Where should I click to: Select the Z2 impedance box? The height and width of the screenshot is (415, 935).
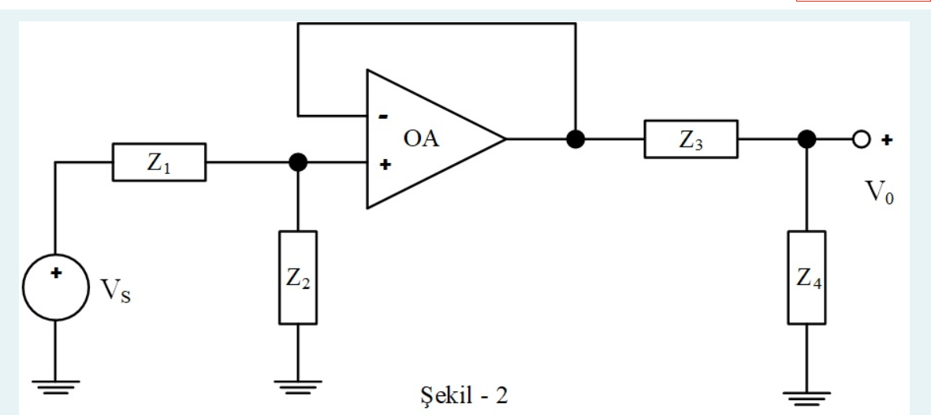click(x=299, y=277)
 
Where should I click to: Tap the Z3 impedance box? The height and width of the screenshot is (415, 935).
click(x=691, y=139)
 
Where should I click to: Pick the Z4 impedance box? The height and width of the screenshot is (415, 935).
click(x=806, y=277)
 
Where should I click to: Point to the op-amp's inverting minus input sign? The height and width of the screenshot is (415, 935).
click(x=382, y=116)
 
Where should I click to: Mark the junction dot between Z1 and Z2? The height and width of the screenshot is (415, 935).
click(x=299, y=162)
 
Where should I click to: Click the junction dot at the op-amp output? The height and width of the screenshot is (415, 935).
click(x=576, y=139)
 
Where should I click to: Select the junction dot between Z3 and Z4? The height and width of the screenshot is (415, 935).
click(x=806, y=139)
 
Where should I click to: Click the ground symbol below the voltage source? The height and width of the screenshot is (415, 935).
click(x=56, y=385)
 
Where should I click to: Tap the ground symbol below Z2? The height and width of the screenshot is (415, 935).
click(x=299, y=385)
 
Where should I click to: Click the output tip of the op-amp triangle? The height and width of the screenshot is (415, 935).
click(x=504, y=139)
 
